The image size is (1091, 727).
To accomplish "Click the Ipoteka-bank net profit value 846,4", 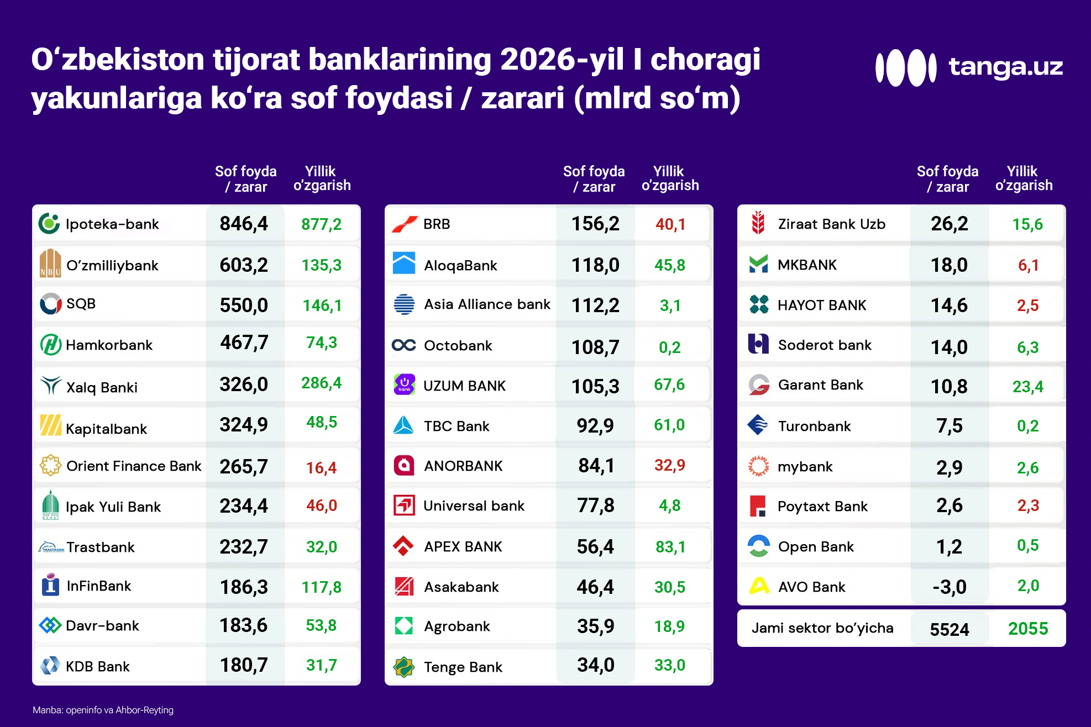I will point(243,224).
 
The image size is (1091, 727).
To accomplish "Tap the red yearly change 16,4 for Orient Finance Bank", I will point(321,468).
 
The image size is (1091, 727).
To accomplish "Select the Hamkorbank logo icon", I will point(50,345).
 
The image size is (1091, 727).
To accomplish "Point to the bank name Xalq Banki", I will point(102,387).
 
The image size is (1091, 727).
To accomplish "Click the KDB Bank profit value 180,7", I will point(243,665).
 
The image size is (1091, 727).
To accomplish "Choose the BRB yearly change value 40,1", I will point(670,224).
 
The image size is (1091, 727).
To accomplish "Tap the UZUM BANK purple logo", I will point(404,384).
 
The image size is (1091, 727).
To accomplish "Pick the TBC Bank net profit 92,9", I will point(595,425).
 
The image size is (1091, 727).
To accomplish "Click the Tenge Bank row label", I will point(463,667).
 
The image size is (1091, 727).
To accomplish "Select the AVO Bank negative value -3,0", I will point(949,587).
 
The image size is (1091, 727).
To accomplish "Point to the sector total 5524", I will point(949,629).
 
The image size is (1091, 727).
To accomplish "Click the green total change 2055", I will point(1027,629).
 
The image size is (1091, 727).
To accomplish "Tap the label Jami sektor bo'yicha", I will point(822,628).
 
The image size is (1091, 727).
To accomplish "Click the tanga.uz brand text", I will point(1005,66).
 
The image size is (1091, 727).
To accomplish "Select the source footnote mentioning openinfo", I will point(103,710).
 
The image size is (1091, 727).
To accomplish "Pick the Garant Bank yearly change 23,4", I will point(1027,386).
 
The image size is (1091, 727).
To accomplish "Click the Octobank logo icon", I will point(403,345).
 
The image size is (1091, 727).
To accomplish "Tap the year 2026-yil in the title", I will point(562,60).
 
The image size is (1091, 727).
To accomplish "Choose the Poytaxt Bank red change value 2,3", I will point(1028,505).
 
